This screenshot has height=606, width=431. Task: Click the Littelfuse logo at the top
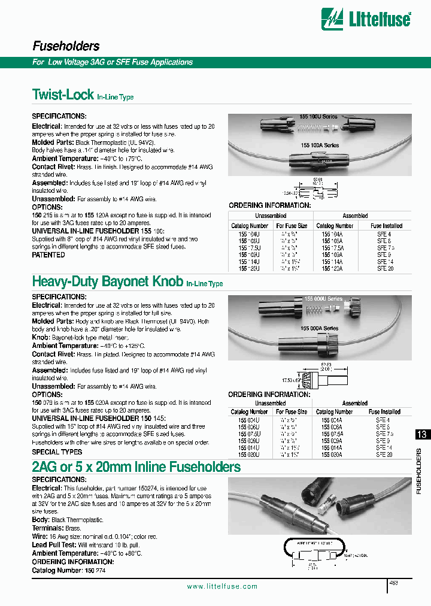[x=366, y=19]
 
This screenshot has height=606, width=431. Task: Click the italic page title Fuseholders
[x=65, y=46]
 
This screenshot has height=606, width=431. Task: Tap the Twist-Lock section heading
[x=62, y=94]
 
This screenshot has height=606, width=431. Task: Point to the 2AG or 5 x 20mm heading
[x=136, y=466]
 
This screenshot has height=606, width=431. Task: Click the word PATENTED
[x=48, y=254]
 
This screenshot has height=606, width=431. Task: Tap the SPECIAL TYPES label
[x=57, y=452]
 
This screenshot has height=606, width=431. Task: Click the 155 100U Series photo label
[x=319, y=117]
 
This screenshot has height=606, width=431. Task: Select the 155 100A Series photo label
[x=320, y=146]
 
